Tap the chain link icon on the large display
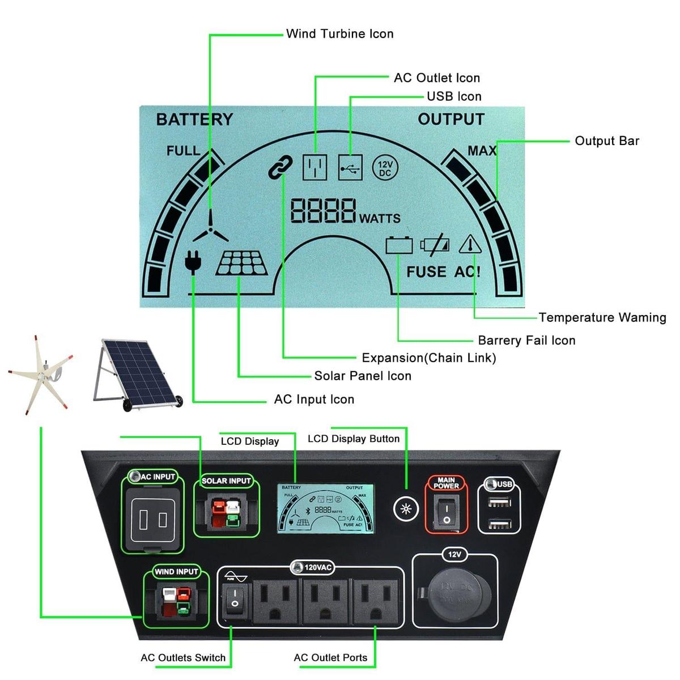pos(280,167)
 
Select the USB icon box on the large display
pos(350,168)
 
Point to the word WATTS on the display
pos(380,218)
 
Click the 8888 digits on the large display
pos(323,211)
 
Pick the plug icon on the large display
pos(193,262)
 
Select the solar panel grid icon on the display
pos(242,263)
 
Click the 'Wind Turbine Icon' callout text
pos(339,34)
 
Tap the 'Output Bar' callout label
pos(606,141)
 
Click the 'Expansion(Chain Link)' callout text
pos(428,358)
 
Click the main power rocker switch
pos(447,511)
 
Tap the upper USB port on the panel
pos(500,501)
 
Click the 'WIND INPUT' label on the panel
pos(176,572)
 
